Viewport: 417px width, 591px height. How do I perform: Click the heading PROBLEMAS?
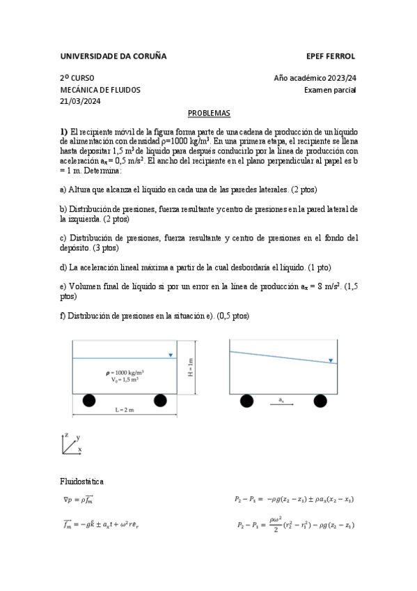[x=209, y=113]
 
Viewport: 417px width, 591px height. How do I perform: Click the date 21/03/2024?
[x=81, y=101]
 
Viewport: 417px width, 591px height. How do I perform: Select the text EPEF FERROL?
[x=331, y=56]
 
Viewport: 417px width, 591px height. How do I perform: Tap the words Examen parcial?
[x=330, y=90]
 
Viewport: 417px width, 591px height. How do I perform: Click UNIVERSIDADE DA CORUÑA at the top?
[x=113, y=56]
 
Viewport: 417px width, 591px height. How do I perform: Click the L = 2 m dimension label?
[x=125, y=410]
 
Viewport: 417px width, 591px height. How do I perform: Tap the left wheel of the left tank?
[x=89, y=400]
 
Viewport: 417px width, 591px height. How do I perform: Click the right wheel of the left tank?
[x=161, y=400]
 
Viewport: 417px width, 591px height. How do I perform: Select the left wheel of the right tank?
[x=246, y=400]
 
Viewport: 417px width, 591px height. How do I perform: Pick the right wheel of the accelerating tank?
[x=320, y=400]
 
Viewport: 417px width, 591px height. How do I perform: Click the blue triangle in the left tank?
[x=171, y=355]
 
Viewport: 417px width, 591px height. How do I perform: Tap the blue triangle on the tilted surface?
[x=331, y=360]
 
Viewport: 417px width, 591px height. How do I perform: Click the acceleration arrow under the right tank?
[x=281, y=404]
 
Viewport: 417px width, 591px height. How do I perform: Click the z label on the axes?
[x=65, y=434]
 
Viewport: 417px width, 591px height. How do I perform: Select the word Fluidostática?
[x=84, y=481]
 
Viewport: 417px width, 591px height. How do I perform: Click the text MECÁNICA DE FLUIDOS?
[x=100, y=90]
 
